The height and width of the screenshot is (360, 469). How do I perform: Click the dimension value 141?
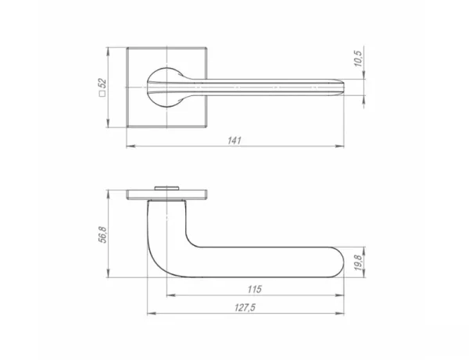(234, 140)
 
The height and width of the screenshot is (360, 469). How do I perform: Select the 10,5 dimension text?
(358, 61)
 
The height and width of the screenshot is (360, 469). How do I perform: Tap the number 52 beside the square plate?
(102, 83)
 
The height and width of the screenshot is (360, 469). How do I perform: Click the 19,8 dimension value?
(358, 262)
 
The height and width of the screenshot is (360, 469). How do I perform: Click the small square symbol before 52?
(102, 98)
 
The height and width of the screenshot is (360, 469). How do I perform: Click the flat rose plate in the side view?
(166, 194)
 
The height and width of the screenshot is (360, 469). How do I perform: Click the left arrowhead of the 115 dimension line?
(170, 296)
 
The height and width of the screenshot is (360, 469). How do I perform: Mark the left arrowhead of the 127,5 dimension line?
(149, 314)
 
